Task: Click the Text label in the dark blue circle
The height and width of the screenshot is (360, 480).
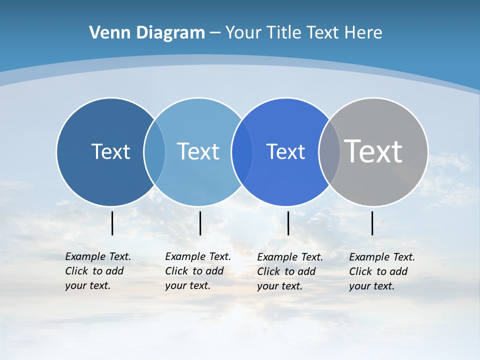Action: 110,151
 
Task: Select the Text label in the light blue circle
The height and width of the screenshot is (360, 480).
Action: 198,151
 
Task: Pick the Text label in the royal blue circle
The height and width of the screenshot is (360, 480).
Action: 285,151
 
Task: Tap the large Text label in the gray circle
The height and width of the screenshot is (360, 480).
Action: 373,151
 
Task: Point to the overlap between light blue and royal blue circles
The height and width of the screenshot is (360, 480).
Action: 242,152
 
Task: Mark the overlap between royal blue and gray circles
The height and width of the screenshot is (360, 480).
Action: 329,152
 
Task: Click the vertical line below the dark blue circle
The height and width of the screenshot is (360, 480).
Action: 112,223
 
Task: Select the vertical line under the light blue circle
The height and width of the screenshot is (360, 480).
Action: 200,223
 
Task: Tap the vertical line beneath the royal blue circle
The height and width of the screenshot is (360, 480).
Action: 288,223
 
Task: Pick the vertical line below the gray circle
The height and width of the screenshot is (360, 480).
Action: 372,223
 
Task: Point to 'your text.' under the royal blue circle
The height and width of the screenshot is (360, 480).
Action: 279,286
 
